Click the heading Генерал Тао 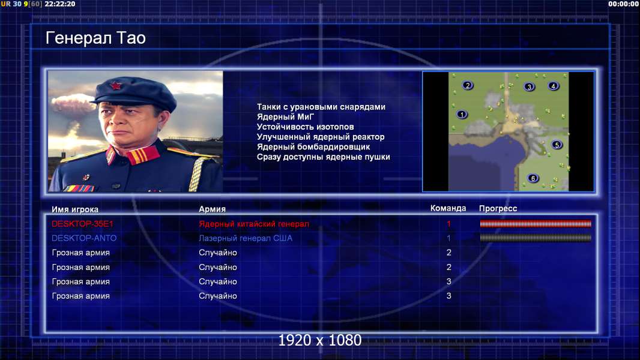pyautogui.click(x=95, y=38)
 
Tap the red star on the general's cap pyautogui.click(x=115, y=86)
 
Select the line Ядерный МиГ pyautogui.click(x=285, y=117)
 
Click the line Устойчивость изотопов pyautogui.click(x=306, y=127)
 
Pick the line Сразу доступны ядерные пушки pyautogui.click(x=323, y=157)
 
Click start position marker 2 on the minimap pyautogui.click(x=468, y=85)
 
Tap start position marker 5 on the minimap pyautogui.click(x=557, y=145)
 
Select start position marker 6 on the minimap pyautogui.click(x=533, y=178)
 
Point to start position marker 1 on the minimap pyautogui.click(x=462, y=115)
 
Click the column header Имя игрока pyautogui.click(x=74, y=209)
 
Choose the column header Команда pyautogui.click(x=448, y=208)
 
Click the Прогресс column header pyautogui.click(x=498, y=208)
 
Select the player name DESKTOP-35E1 pyautogui.click(x=82, y=224)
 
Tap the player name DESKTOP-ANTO pyautogui.click(x=84, y=238)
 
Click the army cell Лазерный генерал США pyautogui.click(x=246, y=238)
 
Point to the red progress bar pyautogui.click(x=536, y=223)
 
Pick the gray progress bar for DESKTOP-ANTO pyautogui.click(x=536, y=238)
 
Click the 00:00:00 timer pyautogui.click(x=623, y=4)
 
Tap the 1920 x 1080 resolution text pyautogui.click(x=320, y=340)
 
